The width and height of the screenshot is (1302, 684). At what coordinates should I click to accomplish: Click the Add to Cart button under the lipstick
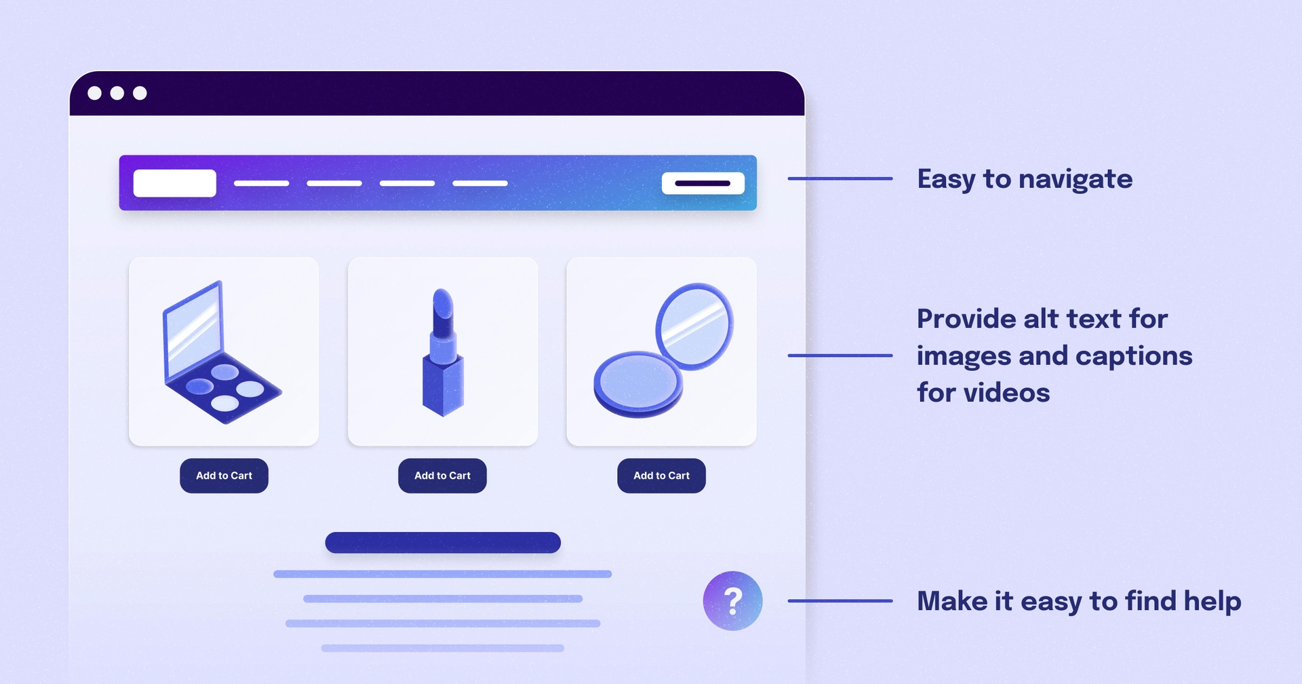(442, 476)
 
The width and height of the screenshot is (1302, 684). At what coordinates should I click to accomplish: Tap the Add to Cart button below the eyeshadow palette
(224, 476)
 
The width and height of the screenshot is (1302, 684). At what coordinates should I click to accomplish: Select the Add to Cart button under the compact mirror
(661, 476)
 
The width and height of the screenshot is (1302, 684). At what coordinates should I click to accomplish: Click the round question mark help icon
(732, 601)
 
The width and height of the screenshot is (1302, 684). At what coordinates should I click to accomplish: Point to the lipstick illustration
(443, 353)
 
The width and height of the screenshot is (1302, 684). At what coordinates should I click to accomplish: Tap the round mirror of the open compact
(694, 326)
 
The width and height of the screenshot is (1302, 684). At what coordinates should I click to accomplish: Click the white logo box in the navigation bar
(174, 183)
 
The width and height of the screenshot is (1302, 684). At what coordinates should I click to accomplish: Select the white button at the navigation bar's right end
(703, 183)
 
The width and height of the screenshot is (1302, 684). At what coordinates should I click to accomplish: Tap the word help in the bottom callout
(1212, 602)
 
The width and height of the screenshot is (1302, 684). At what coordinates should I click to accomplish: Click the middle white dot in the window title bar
(117, 93)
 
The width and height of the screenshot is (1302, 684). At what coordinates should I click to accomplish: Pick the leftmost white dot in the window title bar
(95, 93)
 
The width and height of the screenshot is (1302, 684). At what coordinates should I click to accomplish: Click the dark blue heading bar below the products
(443, 542)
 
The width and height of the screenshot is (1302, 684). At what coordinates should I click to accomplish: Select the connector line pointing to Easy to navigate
(840, 178)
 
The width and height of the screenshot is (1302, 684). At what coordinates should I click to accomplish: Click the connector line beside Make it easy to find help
(840, 601)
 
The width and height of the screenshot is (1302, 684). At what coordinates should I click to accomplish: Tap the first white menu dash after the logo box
(261, 183)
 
